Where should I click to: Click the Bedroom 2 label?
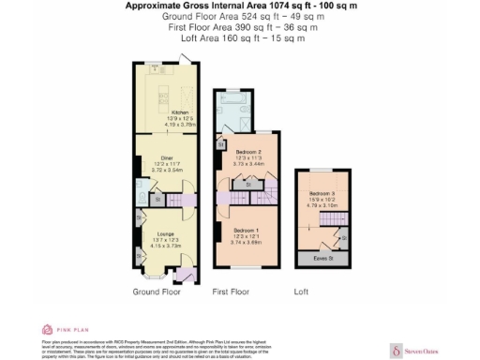246,152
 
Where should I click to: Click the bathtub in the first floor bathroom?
232,97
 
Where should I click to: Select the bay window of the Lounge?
156,278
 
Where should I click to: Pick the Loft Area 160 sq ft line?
240,40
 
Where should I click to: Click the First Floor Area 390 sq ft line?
240,28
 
